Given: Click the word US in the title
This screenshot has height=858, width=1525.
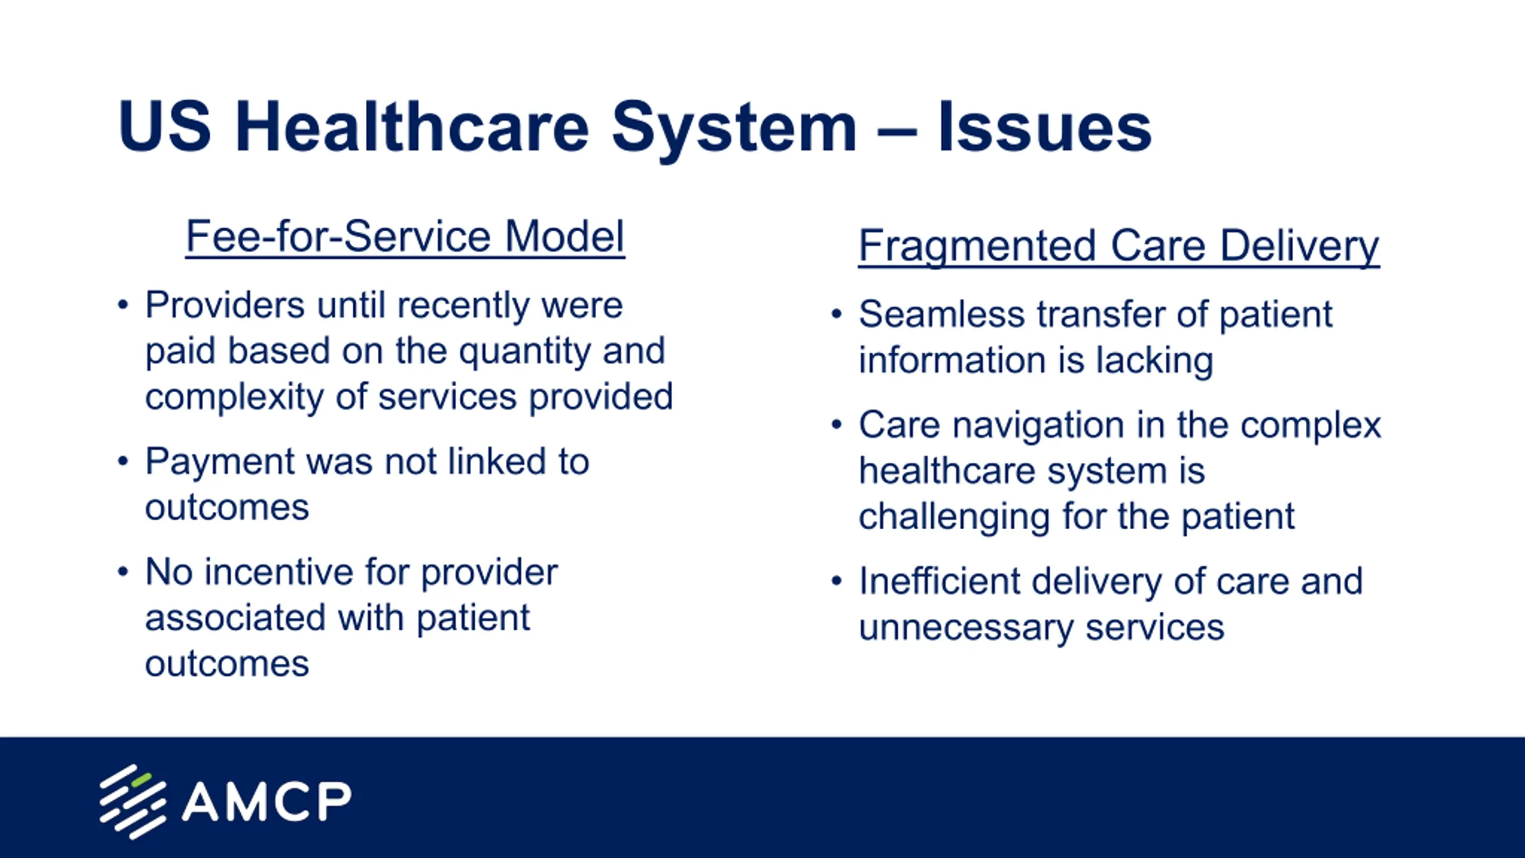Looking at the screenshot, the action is tap(164, 126).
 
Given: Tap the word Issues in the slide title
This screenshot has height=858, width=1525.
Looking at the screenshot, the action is tap(1045, 126).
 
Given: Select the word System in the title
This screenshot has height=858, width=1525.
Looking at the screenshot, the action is tap(734, 131).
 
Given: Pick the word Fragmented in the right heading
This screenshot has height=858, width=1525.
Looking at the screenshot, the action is tap(978, 247).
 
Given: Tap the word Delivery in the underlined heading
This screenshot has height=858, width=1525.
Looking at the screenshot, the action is tap(1299, 247).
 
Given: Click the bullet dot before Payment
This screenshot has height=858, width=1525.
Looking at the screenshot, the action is tap(123, 461).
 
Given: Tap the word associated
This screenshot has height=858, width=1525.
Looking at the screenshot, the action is tap(235, 618).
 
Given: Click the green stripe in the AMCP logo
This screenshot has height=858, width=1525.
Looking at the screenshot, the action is tap(141, 779).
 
